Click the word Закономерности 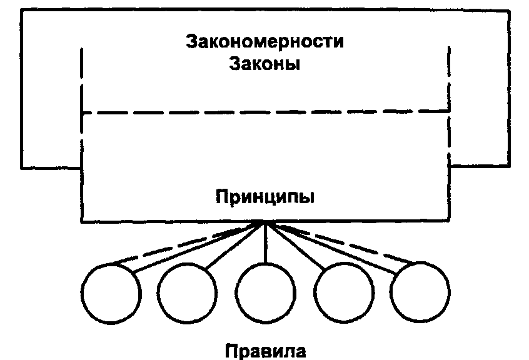[265, 42]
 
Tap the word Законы [265, 64]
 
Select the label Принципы [265, 197]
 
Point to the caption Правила [265, 349]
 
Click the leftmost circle [111, 291]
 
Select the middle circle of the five [265, 291]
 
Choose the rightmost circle [420, 291]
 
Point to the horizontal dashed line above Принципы [265, 112]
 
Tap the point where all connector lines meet [265, 222]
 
